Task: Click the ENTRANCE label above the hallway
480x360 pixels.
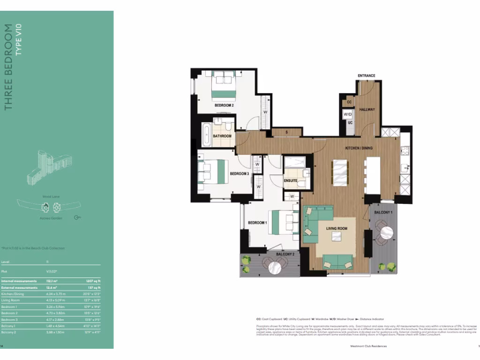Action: pos(366,75)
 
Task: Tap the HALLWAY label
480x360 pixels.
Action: pos(367,109)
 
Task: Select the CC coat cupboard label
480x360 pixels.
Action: pos(349,102)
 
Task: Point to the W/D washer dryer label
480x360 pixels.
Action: pos(348,114)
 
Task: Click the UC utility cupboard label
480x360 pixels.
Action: pos(350,123)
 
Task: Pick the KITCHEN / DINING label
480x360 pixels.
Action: pos(359,148)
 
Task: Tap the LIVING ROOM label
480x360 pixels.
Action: pos(337,228)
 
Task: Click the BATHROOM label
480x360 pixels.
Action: pos(222,136)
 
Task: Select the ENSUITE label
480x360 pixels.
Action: pos(291,180)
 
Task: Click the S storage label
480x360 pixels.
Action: pos(286,132)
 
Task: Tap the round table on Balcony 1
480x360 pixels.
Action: pos(388,232)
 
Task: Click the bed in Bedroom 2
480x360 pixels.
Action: pos(223,85)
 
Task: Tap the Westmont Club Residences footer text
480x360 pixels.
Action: pos(368,346)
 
